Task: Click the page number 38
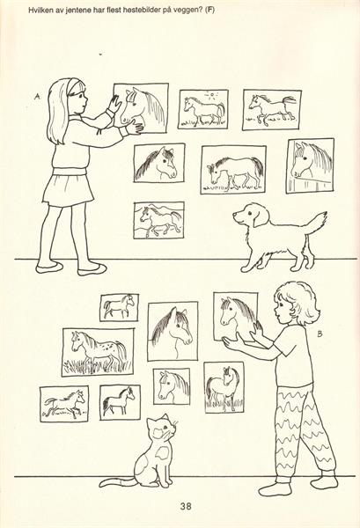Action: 186,506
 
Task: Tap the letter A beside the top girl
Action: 37,97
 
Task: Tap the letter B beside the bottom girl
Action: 320,334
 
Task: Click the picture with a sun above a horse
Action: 203,109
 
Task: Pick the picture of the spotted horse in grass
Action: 98,352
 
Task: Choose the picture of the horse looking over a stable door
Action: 310,165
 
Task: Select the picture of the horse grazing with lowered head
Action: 234,169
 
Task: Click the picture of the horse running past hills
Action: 159,220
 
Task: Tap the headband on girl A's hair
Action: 71,85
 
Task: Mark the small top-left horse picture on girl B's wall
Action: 119,307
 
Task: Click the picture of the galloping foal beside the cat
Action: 64,404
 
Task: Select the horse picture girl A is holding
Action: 141,109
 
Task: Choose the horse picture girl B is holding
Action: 236,316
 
